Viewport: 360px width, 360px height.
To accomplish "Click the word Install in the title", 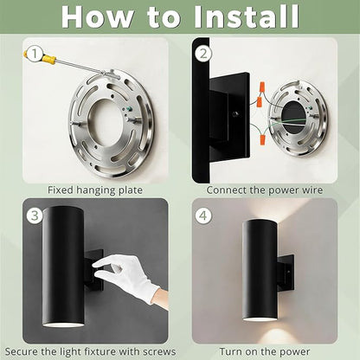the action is [247, 16].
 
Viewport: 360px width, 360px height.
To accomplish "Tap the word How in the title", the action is [98, 16].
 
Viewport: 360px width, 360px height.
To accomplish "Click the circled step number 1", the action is [34, 54].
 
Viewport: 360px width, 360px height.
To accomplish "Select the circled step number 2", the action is [203, 54].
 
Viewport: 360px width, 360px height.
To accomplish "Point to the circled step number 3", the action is [35, 215].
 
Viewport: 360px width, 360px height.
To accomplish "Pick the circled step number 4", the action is [203, 215].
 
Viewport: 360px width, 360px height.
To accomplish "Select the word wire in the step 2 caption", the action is [312, 190].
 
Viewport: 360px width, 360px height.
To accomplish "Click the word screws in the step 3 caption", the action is [158, 351].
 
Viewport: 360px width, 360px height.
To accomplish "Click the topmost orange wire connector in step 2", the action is [262, 87].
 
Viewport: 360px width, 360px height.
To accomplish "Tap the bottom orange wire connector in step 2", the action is [262, 140].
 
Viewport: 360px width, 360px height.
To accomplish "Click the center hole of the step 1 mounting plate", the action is [108, 125].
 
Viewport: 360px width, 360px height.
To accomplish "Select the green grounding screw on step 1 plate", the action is [124, 110].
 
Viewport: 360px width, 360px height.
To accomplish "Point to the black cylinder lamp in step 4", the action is [261, 270].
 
